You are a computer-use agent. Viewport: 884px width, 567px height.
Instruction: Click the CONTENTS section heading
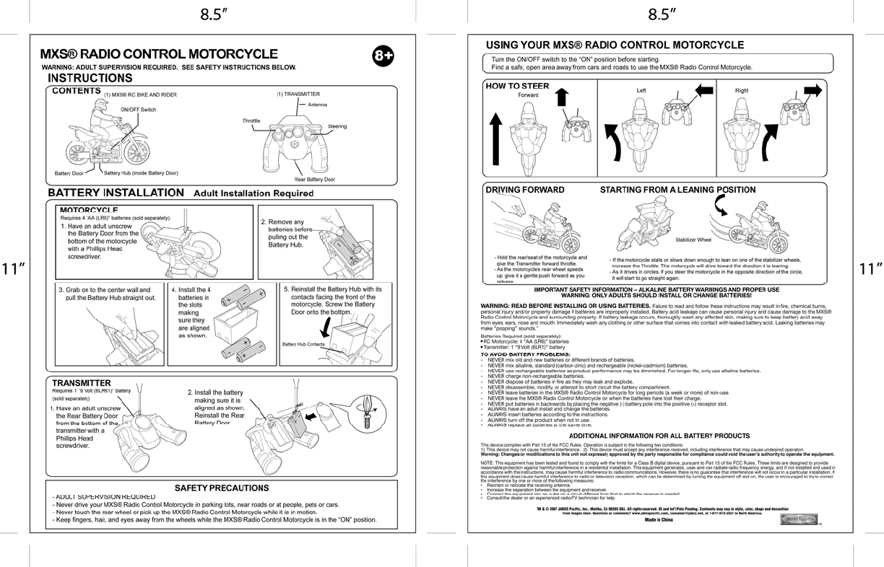(76, 91)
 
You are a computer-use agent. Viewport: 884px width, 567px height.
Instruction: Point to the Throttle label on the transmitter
(251, 121)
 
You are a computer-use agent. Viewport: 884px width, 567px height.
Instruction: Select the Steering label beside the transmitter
(337, 126)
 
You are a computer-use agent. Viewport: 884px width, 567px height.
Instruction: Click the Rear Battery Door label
(314, 179)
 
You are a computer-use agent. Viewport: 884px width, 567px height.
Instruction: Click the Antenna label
(317, 105)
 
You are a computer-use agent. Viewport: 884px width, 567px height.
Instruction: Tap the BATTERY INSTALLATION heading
(116, 193)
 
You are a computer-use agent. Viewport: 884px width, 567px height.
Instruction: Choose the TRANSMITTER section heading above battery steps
(81, 382)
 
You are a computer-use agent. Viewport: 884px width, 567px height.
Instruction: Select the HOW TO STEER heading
(517, 86)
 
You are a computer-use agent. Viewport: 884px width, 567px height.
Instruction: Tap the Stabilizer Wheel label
(693, 239)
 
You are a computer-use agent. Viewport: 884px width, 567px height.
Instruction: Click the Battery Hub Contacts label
(303, 345)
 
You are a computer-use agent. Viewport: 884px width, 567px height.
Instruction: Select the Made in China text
(659, 519)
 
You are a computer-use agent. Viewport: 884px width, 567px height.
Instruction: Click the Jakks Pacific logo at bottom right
(799, 519)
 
